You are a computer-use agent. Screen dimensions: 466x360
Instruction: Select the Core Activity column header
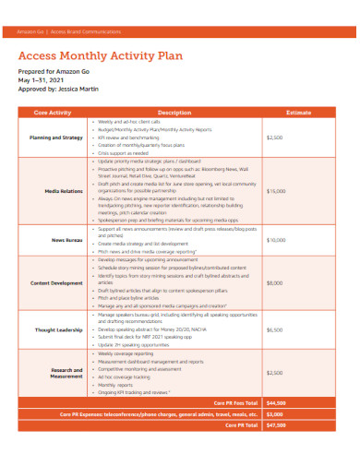click(53, 112)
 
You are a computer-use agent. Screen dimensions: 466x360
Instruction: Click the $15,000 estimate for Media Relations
click(276, 191)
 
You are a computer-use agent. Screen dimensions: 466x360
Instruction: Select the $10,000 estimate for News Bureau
click(276, 240)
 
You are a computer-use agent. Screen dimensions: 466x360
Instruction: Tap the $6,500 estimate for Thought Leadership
click(274, 329)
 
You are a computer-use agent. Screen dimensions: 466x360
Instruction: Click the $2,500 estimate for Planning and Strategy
click(274, 137)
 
